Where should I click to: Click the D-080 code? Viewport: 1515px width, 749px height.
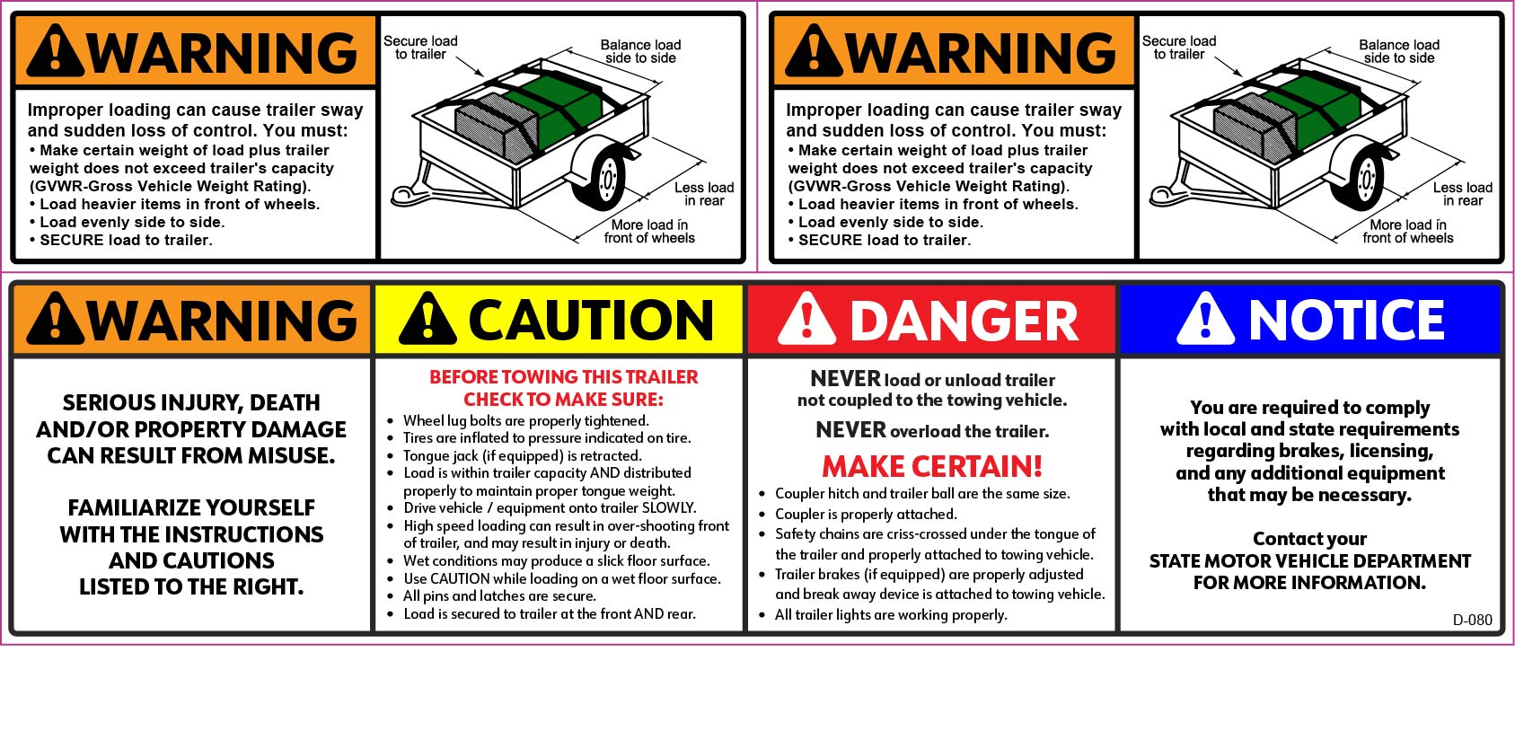[x=1473, y=620]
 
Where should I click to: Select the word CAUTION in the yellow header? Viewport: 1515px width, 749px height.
[x=590, y=320]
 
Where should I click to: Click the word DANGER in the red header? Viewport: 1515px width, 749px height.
[x=964, y=321]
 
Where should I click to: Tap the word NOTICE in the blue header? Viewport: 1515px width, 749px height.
[x=1346, y=320]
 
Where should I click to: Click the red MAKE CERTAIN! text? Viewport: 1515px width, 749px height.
[x=932, y=466]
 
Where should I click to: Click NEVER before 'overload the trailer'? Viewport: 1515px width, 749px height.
[x=850, y=429]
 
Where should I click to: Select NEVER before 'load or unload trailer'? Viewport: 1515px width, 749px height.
[x=845, y=378]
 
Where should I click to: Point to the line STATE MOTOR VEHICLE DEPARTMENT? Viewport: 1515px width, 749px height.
[x=1310, y=561]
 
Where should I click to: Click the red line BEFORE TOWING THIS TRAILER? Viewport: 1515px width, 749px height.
[x=563, y=377]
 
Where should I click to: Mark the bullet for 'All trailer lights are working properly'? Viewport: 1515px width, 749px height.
[x=762, y=616]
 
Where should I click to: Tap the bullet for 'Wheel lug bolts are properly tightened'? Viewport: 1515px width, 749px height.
[x=391, y=421]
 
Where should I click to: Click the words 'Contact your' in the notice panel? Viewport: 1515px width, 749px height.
[x=1309, y=539]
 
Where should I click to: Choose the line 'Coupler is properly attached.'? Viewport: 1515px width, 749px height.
[x=866, y=515]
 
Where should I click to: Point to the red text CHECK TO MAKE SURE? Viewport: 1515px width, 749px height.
[x=563, y=399]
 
